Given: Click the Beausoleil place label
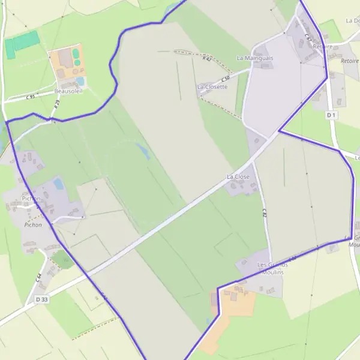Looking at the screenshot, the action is pos(68,91).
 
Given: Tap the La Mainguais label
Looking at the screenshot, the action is pos(254,58).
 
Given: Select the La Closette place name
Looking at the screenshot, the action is pos(212,87).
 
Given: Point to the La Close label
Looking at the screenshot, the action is pos(238,177).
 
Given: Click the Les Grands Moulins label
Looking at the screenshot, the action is pos(272,268).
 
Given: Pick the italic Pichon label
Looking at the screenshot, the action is pos(33,225).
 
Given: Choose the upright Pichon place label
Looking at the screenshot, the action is pos(31,198).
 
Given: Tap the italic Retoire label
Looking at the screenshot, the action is pos(349,61).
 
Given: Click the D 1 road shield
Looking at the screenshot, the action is pos(332,115).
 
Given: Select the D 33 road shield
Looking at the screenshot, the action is pos(41,299).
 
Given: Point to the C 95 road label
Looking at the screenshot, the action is pos(31,97).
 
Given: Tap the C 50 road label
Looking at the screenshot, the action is pos(226,79).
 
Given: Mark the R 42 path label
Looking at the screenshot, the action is pos(207,59).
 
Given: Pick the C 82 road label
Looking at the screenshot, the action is pos(264,212).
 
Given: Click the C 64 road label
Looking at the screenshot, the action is pos(38,277).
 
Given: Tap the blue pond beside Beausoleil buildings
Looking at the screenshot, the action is pos(80,81).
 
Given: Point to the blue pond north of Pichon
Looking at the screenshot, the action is pos(58,183).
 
